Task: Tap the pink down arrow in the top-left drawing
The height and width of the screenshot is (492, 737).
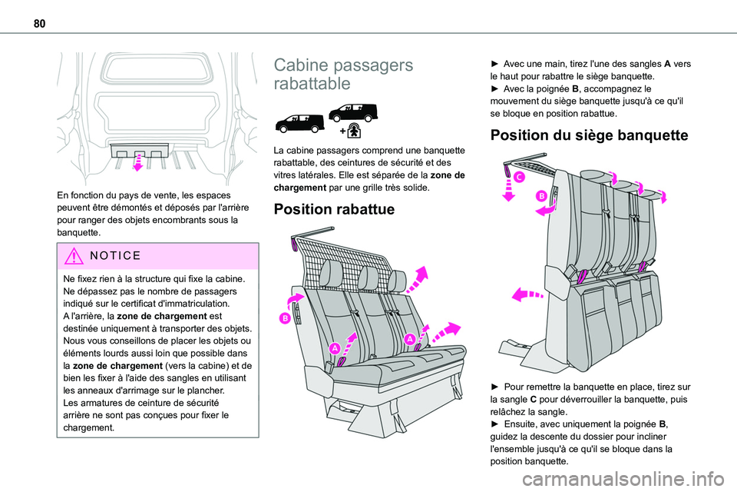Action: pyautogui.click(x=139, y=164)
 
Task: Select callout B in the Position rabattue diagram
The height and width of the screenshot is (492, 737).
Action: pyautogui.click(x=285, y=317)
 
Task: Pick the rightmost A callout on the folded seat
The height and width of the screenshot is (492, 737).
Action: pyautogui.click(x=409, y=339)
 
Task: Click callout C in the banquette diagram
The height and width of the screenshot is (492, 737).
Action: pyautogui.click(x=520, y=178)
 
